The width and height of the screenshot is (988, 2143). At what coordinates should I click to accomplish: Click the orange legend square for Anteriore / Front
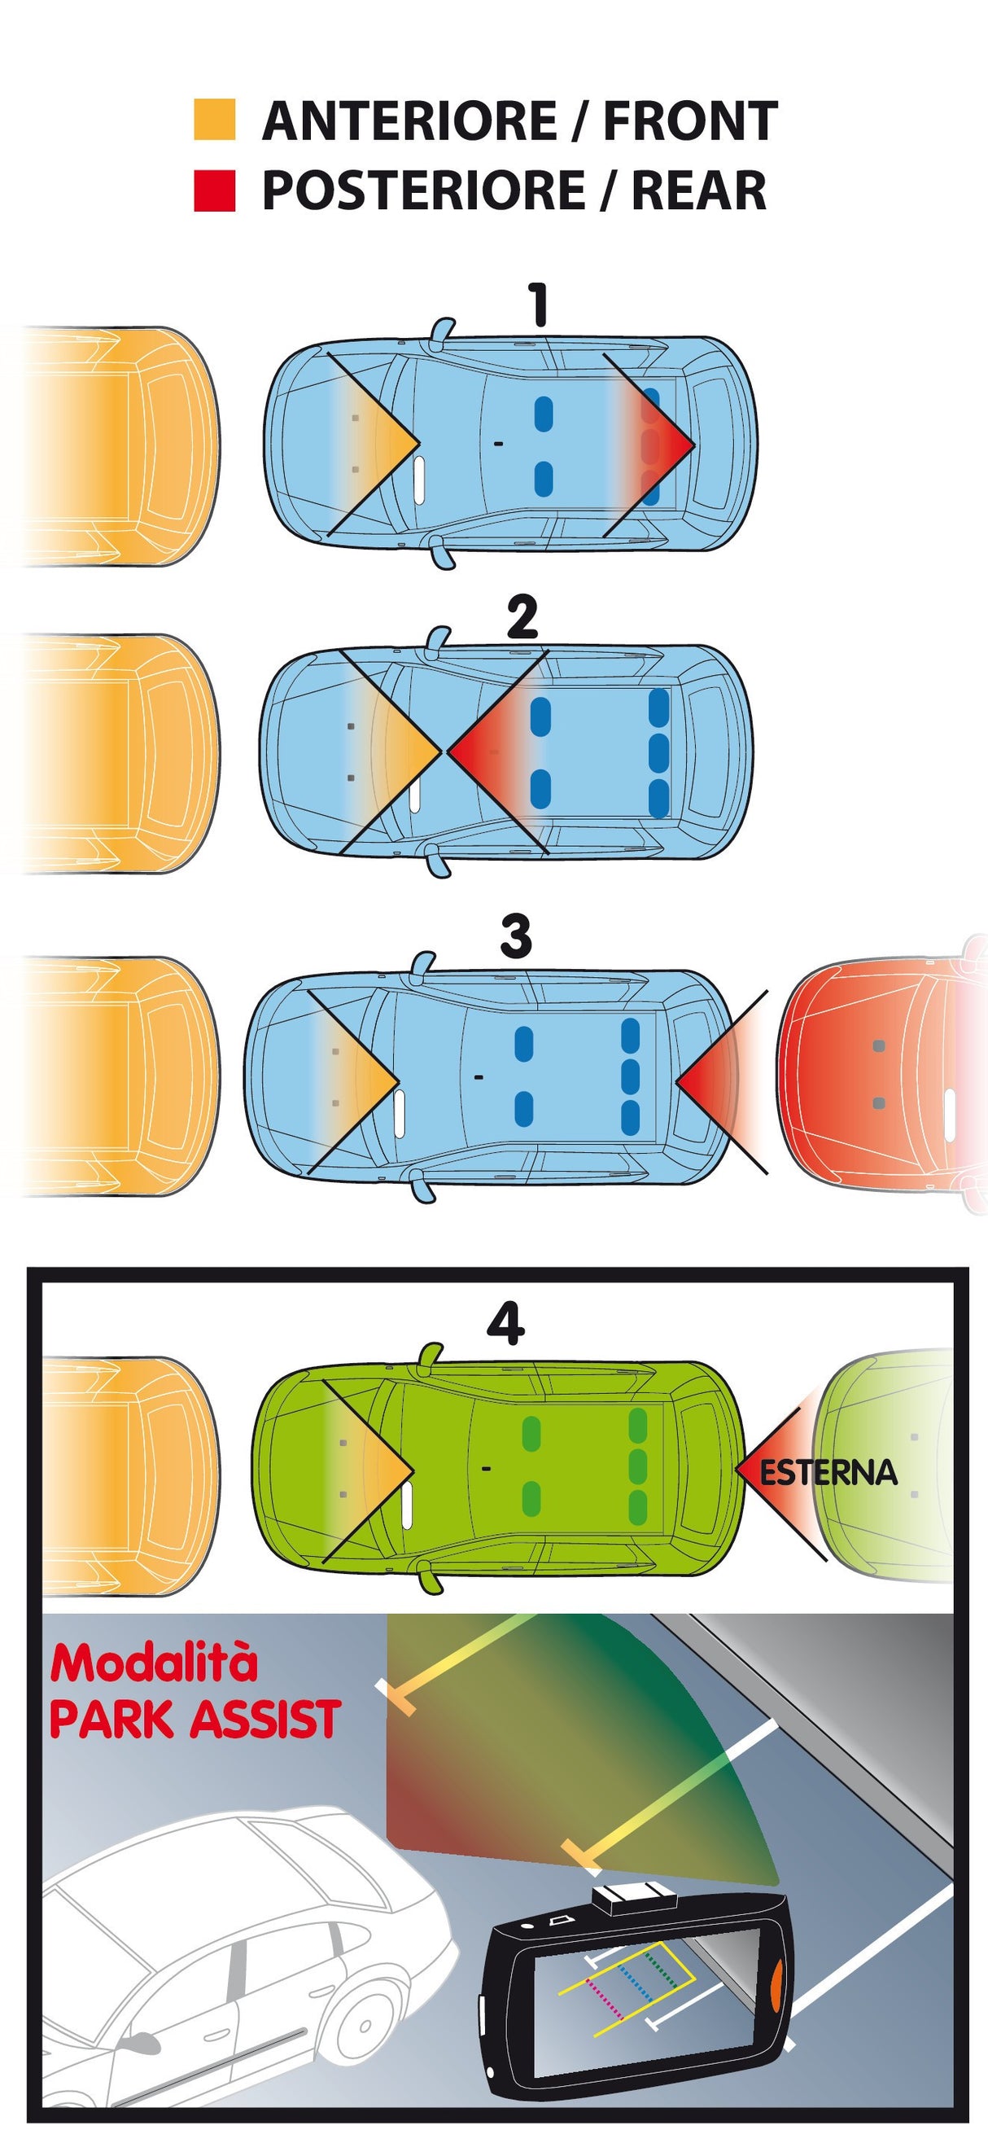(x=215, y=120)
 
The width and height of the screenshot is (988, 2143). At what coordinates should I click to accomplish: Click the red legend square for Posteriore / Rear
(x=215, y=191)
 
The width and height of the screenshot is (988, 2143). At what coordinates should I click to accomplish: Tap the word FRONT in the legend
(x=690, y=121)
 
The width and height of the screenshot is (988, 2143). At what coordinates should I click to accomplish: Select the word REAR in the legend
(x=698, y=191)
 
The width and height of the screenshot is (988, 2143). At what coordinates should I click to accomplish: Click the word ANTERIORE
(x=409, y=121)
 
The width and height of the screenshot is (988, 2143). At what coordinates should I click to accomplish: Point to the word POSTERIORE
(x=423, y=191)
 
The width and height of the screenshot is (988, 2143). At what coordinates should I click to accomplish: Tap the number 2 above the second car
(x=522, y=617)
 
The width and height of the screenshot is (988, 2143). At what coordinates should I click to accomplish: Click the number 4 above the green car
(x=505, y=1323)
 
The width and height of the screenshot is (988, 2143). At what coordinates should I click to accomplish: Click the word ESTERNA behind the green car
(x=829, y=1471)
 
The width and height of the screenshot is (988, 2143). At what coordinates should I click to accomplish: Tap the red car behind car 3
(x=881, y=1073)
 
